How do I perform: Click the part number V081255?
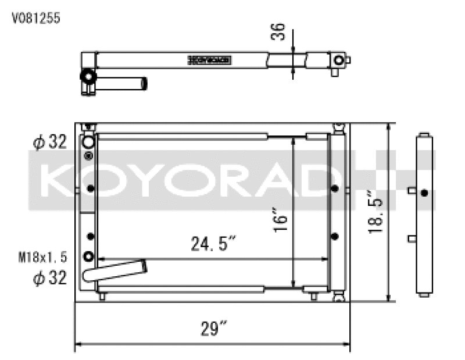pos(36,18)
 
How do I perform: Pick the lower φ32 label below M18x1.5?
pos(49,279)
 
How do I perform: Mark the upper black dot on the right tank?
pos(335,188)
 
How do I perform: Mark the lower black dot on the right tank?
pos(335,236)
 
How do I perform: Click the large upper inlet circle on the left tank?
pos(88,142)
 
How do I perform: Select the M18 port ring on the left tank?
pos(89,257)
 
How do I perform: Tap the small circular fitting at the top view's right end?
pos(338,60)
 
